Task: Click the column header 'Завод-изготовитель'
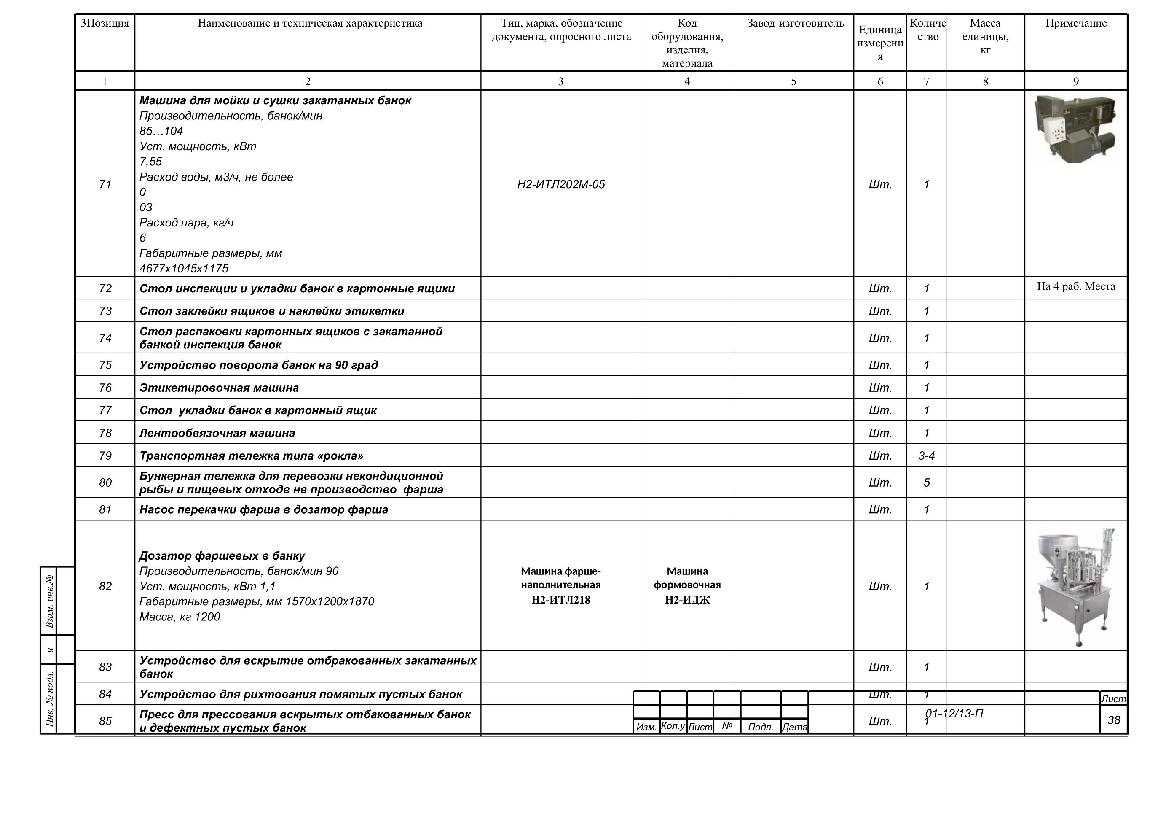[x=795, y=24]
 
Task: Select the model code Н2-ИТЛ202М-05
[x=561, y=184]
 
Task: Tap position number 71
[x=105, y=184]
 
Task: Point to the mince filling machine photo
[x=1076, y=586]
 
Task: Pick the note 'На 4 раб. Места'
[x=1076, y=287]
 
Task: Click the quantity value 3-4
[x=926, y=456]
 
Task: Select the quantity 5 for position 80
[x=926, y=482]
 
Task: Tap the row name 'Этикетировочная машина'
[x=219, y=388]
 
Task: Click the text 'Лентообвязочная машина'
[x=217, y=433]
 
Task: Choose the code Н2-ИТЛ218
[x=561, y=600]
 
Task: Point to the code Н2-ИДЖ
[x=687, y=600]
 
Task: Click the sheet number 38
[x=1113, y=720]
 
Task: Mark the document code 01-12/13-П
[x=954, y=713]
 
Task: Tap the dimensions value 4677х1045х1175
[x=184, y=269]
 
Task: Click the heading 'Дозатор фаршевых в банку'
[x=222, y=556]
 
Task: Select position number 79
[x=105, y=456]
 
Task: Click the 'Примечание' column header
[x=1076, y=24]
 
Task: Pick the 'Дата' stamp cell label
[x=794, y=727]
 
